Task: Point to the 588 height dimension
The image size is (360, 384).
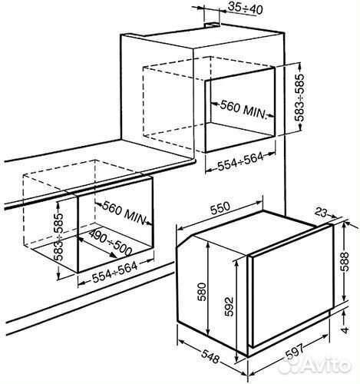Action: coord(345,261)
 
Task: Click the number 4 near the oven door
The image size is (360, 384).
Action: coord(345,329)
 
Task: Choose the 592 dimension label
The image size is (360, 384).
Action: coord(230,306)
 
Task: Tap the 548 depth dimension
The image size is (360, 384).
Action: coord(210,356)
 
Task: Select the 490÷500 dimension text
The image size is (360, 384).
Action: coord(111,243)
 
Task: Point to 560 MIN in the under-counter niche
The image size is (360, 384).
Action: coord(124,214)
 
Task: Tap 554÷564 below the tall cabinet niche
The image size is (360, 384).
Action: coord(240,161)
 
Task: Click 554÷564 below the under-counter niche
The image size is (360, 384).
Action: coord(114,273)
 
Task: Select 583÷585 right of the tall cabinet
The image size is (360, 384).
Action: coord(299,98)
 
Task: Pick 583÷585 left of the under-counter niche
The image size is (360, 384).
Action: coord(59,237)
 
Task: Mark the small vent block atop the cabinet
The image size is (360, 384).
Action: coord(212,25)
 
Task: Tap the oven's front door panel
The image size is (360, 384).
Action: coord(291,286)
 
